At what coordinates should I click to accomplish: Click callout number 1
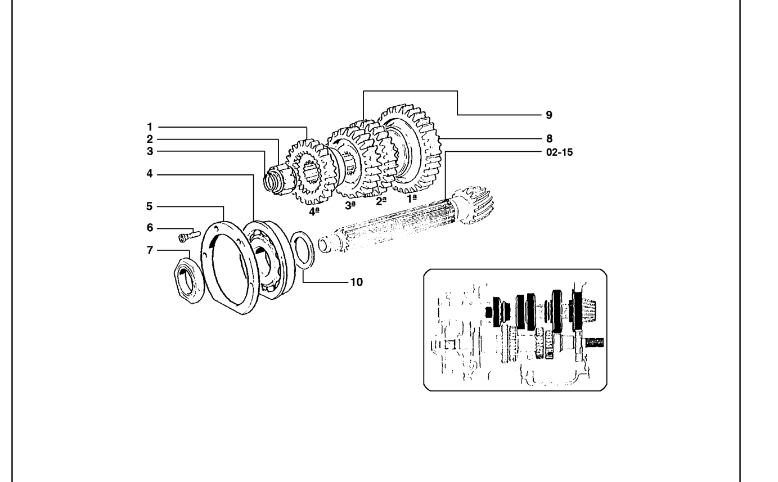[x=150, y=127]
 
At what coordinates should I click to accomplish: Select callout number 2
[x=150, y=139]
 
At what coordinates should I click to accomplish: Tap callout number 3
[x=150, y=151]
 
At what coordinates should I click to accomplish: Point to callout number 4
[x=150, y=174]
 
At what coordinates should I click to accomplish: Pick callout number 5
[x=149, y=206]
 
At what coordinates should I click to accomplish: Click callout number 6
[x=150, y=228]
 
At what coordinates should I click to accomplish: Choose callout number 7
[x=150, y=250]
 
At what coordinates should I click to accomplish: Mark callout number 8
[x=549, y=139]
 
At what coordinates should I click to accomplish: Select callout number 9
[x=549, y=115]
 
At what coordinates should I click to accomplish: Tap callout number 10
[x=356, y=282]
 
